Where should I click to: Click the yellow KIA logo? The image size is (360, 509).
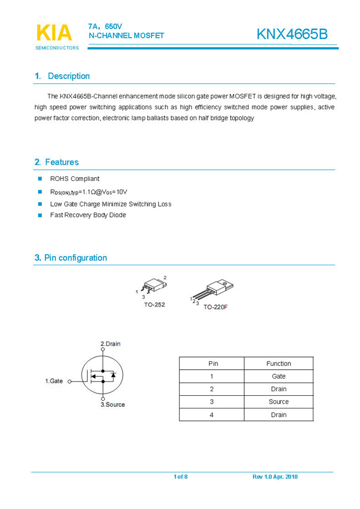point(54,33)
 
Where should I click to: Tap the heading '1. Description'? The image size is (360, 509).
point(62,76)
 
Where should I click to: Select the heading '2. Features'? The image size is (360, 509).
point(57,162)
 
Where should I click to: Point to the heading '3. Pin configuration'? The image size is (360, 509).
point(70,258)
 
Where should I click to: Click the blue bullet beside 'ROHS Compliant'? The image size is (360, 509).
point(40,179)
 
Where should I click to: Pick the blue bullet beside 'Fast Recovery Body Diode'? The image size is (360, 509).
point(40,215)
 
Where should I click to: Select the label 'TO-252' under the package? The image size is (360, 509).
point(154,305)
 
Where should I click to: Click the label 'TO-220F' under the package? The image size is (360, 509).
point(215,307)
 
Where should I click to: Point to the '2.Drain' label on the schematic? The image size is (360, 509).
point(110,344)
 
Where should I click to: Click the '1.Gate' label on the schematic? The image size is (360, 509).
point(54,381)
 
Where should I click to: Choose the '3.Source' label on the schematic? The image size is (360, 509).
point(113,405)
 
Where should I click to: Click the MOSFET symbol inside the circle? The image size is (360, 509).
point(103,377)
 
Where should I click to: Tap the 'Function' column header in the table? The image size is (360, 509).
point(278,364)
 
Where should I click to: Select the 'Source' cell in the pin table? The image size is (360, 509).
point(278,402)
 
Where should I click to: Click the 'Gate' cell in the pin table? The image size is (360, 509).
point(278,376)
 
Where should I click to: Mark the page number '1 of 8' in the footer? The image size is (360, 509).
point(181,477)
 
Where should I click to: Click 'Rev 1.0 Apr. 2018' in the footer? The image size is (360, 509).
point(275,477)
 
